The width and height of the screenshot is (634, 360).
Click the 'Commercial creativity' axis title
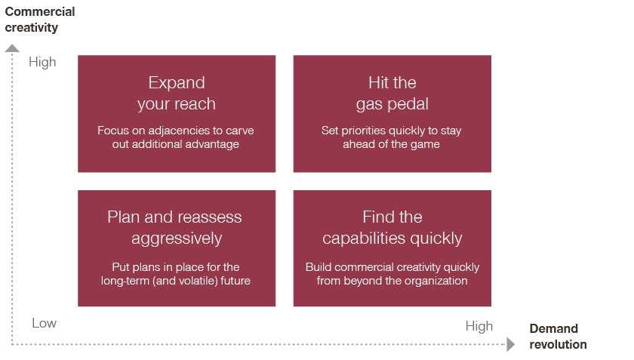[x=39, y=20]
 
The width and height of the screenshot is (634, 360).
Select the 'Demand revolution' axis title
[x=558, y=336]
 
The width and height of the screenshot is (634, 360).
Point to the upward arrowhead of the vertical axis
[x=12, y=48]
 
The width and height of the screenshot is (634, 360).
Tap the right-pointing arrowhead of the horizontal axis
[x=511, y=344]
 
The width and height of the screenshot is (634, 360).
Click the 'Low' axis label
[x=44, y=323]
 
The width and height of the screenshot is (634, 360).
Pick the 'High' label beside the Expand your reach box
[x=42, y=63]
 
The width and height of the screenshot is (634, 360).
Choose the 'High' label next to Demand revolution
[x=479, y=326]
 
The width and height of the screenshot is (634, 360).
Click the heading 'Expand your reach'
[x=177, y=94]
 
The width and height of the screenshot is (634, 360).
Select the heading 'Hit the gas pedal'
[x=392, y=94]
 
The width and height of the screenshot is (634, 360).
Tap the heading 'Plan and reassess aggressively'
[x=174, y=228]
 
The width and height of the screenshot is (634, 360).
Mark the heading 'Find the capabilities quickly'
[x=392, y=228]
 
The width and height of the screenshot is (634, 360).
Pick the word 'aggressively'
[x=177, y=238]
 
